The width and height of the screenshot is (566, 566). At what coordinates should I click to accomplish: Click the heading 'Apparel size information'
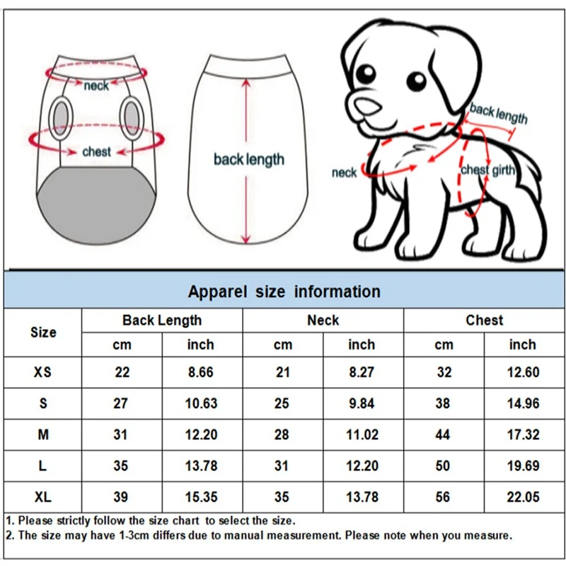click(284, 291)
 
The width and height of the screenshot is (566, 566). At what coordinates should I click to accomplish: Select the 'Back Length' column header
click(162, 320)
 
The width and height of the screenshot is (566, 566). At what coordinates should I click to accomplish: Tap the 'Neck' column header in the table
click(323, 320)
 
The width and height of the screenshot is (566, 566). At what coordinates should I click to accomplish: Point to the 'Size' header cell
click(43, 332)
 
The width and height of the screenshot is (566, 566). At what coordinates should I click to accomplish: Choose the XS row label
click(43, 372)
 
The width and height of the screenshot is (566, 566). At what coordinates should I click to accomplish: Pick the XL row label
click(43, 497)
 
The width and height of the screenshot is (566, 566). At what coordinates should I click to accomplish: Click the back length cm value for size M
click(121, 434)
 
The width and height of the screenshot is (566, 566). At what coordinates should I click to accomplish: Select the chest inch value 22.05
click(523, 497)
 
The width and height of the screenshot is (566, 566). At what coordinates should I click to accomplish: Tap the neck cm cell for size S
click(282, 403)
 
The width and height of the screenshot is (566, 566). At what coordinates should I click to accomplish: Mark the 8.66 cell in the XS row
click(201, 372)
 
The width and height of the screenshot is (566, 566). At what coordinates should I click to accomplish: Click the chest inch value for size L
click(523, 466)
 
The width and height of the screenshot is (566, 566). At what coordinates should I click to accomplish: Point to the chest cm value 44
click(443, 434)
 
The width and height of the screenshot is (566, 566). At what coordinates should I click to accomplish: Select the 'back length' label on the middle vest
click(248, 160)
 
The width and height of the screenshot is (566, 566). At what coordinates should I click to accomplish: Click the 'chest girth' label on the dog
click(488, 170)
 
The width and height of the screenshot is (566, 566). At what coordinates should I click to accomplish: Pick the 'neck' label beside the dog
click(345, 173)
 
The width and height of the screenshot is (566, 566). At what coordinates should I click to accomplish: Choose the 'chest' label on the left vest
click(96, 151)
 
